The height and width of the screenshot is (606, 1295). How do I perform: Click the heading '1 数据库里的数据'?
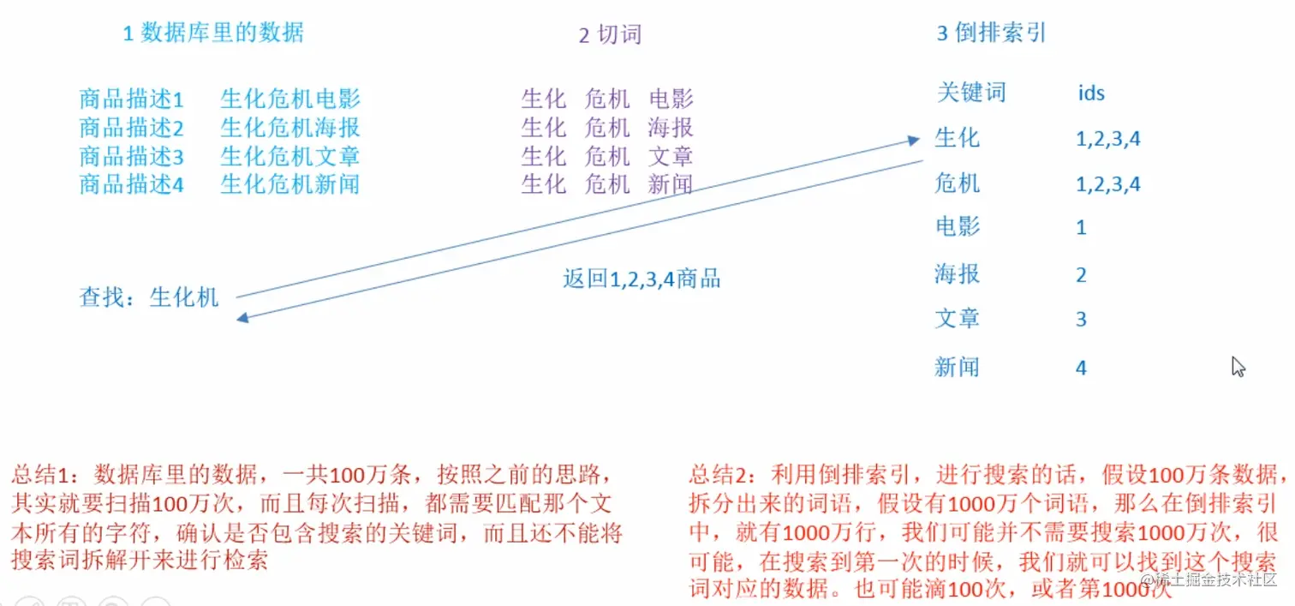point(212,33)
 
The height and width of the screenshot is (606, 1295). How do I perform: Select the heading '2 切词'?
point(610,34)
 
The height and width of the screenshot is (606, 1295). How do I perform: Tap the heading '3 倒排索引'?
point(991,33)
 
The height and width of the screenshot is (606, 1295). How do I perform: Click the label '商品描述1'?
point(131,99)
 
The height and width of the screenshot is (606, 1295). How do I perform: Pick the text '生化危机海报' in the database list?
point(289,128)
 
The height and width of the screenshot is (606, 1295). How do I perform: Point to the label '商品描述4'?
point(131,183)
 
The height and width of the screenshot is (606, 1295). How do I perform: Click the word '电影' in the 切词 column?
point(671,99)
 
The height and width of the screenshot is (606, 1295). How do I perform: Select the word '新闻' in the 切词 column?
point(671,183)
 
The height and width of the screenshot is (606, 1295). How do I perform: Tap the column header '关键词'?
point(970,92)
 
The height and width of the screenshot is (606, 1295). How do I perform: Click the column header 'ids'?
point(1091,92)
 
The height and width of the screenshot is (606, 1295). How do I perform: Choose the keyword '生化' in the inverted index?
point(957,138)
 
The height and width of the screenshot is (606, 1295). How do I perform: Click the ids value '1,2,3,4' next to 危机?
point(1108,184)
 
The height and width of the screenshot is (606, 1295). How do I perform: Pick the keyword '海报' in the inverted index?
point(957,274)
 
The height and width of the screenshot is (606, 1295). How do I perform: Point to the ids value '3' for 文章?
point(1081,320)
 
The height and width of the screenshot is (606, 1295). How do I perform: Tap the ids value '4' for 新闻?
point(1081,368)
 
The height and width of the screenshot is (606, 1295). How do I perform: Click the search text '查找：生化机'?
point(149,297)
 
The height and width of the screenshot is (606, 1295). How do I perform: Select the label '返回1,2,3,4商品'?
point(642,279)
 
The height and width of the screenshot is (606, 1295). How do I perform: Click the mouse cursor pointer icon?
point(1237,366)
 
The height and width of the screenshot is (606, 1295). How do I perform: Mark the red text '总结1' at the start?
point(33,474)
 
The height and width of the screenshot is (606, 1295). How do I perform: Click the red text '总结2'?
point(712,474)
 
